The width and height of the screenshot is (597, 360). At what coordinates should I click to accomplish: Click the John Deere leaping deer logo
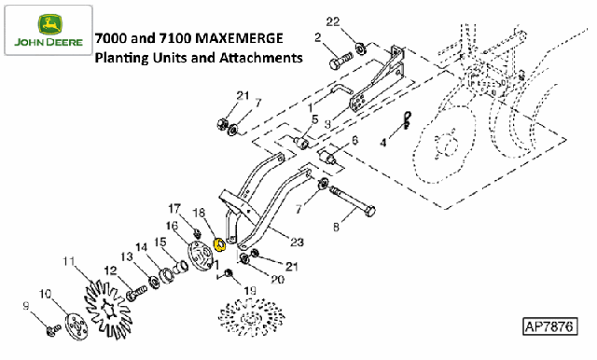click(49, 24)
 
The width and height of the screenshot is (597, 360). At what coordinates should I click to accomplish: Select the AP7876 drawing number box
click(549, 326)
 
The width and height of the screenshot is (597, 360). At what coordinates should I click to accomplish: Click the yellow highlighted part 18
click(220, 244)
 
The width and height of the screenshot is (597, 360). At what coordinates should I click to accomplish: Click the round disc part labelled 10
click(76, 326)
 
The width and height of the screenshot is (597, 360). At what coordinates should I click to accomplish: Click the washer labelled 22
click(361, 48)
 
